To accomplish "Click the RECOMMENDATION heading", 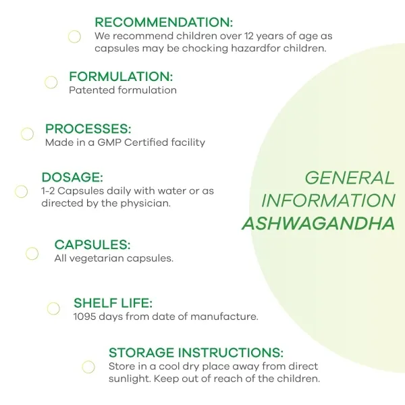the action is pyautogui.click(x=164, y=22).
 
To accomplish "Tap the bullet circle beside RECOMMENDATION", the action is pyautogui.click(x=74, y=31).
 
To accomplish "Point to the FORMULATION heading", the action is pyautogui.click(x=121, y=76).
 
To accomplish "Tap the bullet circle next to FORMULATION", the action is pyautogui.click(x=51, y=77).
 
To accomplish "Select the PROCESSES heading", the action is pyautogui.click(x=88, y=129).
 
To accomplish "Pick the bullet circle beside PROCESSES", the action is pyautogui.click(x=27, y=128).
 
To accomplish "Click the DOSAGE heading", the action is pyautogui.click(x=72, y=177).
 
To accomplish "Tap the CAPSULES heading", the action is pyautogui.click(x=92, y=244).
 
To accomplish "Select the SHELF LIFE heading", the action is pyautogui.click(x=113, y=303).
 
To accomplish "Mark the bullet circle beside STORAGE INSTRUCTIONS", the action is pyautogui.click(x=88, y=361).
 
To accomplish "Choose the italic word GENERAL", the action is pyautogui.click(x=350, y=178).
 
